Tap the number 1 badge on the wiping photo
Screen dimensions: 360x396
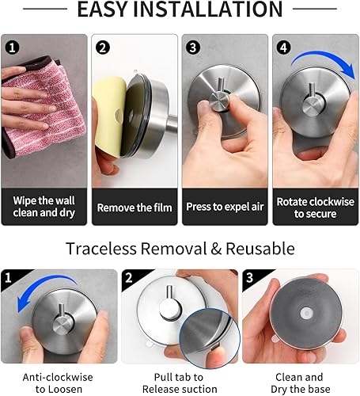pyautogui.click(x=12, y=48)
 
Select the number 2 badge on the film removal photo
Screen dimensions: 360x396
pyautogui.click(x=103, y=48)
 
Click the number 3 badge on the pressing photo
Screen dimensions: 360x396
pyautogui.click(x=193, y=48)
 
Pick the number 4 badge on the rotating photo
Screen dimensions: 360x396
pyautogui.click(x=283, y=48)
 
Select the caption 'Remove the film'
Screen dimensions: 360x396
pyautogui.click(x=135, y=208)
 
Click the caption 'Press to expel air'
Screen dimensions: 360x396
pyautogui.click(x=225, y=207)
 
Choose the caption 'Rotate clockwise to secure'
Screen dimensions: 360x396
pyautogui.click(x=316, y=208)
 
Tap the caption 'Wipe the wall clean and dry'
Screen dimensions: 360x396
pyautogui.click(x=44, y=207)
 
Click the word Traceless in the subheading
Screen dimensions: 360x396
pyautogui.click(x=101, y=249)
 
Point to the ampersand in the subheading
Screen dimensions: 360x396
pyautogui.click(x=216, y=249)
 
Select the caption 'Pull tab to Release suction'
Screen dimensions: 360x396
pyautogui.click(x=180, y=383)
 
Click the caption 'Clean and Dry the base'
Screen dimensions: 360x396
pyautogui.click(x=301, y=383)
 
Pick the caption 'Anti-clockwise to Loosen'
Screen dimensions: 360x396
pyautogui.click(x=58, y=383)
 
